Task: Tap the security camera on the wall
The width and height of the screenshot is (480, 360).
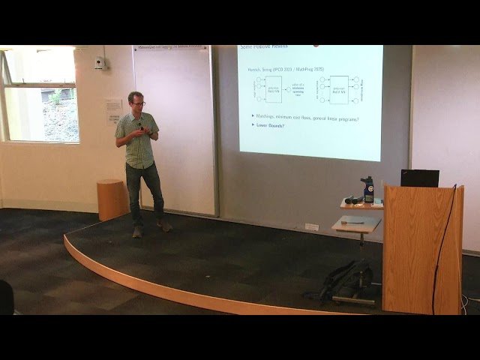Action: [x=100, y=63]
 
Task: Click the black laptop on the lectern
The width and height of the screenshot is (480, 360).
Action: [x=419, y=178]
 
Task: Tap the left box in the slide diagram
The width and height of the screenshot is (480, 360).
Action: [x=273, y=89]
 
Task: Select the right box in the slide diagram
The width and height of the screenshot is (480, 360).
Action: [x=339, y=89]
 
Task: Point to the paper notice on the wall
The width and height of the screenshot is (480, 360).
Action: [x=113, y=109]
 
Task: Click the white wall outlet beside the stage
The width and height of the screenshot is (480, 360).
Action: [x=312, y=226]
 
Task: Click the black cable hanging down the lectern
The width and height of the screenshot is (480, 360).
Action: [x=440, y=255]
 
